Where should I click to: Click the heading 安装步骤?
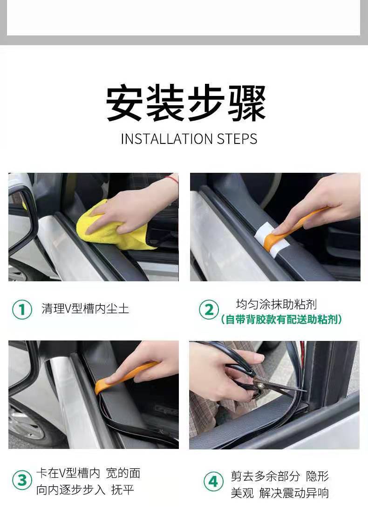[x=186, y=103]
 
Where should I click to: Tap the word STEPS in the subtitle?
[x=237, y=139]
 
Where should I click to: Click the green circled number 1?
[x=22, y=309]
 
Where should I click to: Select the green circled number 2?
[x=209, y=310]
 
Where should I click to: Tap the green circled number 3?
[x=22, y=480]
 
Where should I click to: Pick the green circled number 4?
[x=213, y=481]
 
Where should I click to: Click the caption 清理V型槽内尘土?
[x=85, y=309]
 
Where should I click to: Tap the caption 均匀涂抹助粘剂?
[x=276, y=304]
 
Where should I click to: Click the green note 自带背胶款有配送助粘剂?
[x=281, y=319]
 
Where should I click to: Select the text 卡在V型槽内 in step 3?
[x=68, y=473]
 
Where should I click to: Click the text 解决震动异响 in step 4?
[x=294, y=493]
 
